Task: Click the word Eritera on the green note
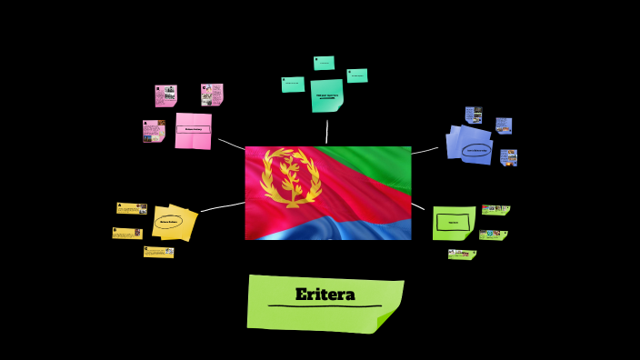click(x=325, y=295)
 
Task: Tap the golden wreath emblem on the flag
click(x=290, y=177)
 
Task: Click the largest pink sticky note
click(x=193, y=130)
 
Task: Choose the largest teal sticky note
click(x=326, y=95)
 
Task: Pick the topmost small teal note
click(x=324, y=63)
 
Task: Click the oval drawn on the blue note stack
click(x=475, y=151)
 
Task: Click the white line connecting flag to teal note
click(x=327, y=131)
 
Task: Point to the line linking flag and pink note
click(x=231, y=144)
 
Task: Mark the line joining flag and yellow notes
click(x=223, y=207)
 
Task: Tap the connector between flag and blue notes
click(x=425, y=150)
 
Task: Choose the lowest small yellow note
click(x=158, y=252)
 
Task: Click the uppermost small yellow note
click(x=132, y=208)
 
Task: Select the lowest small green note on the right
click(x=462, y=255)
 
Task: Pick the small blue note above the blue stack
click(x=474, y=115)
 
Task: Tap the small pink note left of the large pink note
click(x=154, y=131)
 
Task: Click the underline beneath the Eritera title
click(x=325, y=306)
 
